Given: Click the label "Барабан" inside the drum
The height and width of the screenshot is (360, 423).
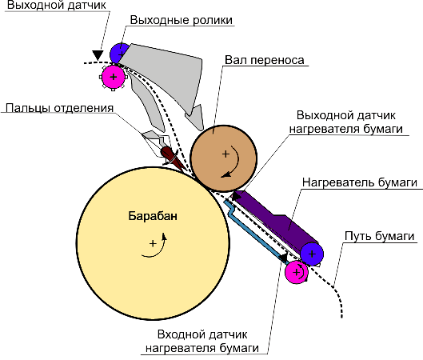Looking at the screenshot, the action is pyautogui.click(x=153, y=216).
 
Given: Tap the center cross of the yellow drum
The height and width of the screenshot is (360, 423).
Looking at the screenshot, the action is pyautogui.click(x=153, y=243).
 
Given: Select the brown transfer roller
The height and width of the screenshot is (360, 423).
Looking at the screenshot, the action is pyautogui.click(x=223, y=158).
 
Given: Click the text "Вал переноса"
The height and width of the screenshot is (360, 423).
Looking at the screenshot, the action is pyautogui.click(x=265, y=60).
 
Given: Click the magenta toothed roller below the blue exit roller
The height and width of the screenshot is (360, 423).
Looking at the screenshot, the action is pyautogui.click(x=114, y=77).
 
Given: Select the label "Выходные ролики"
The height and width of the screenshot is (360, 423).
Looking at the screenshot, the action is pyautogui.click(x=182, y=20).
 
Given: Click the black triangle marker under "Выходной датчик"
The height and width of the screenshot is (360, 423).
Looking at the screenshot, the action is pyautogui.click(x=98, y=55).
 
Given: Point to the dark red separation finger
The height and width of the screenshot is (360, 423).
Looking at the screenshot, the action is pyautogui.click(x=173, y=158).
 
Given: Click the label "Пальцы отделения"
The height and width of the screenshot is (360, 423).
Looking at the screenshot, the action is pyautogui.click(x=59, y=108).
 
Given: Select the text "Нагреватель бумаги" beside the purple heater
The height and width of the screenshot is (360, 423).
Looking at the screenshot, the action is pyautogui.click(x=360, y=182).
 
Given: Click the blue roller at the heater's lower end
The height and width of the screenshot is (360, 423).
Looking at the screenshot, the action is pyautogui.click(x=312, y=254).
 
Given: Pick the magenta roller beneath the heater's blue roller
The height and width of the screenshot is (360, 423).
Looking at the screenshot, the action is pyautogui.click(x=296, y=272).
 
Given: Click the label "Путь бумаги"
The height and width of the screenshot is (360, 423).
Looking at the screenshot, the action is pyautogui.click(x=379, y=236).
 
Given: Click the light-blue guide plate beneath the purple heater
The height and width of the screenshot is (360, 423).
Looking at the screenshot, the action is pyautogui.click(x=257, y=233).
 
